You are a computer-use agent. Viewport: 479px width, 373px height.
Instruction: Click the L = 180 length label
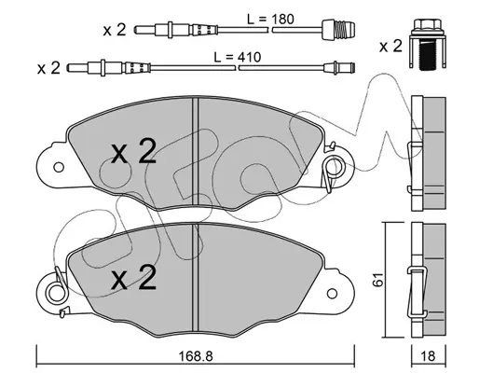(270, 20)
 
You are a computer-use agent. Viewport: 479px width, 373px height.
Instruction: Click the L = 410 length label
(238, 57)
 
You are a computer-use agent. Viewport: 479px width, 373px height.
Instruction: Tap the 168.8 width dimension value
(196, 356)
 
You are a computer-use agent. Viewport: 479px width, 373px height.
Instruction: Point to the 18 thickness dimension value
(429, 356)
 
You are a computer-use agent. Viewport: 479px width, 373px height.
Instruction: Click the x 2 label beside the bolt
(390, 47)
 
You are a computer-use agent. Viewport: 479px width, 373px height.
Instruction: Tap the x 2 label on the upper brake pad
(134, 151)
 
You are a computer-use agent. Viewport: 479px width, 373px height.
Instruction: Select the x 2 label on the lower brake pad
(134, 278)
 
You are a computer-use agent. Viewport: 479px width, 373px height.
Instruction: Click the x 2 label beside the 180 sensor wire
(115, 30)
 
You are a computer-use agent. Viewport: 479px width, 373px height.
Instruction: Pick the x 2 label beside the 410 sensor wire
(48, 68)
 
